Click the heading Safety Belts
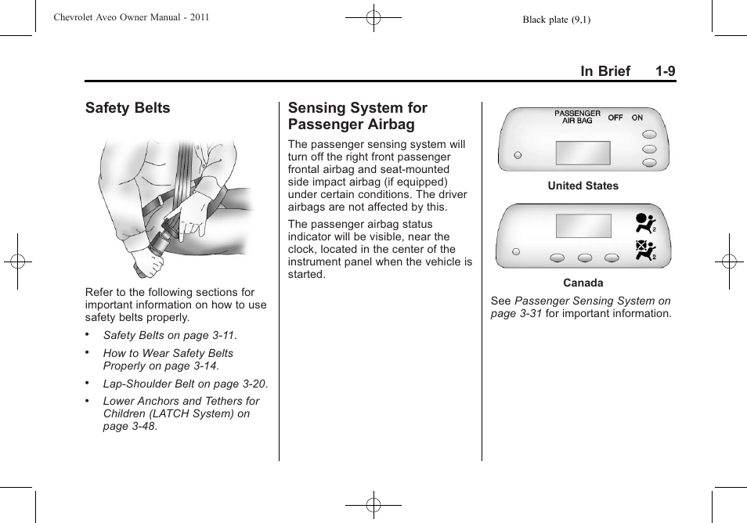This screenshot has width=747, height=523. pyautogui.click(x=128, y=108)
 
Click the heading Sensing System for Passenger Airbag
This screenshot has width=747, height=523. pyautogui.click(x=357, y=116)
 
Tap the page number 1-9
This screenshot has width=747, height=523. pyautogui.click(x=665, y=71)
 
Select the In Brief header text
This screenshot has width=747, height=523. pyautogui.click(x=604, y=71)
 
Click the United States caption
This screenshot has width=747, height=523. pyautogui.click(x=583, y=186)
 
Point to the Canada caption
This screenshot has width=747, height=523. pyautogui.click(x=583, y=283)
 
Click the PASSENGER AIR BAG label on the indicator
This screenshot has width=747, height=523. pyautogui.click(x=577, y=117)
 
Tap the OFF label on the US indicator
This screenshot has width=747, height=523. pyautogui.click(x=615, y=117)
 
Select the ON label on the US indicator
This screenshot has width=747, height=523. pyautogui.click(x=637, y=117)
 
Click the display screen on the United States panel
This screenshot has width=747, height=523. pyautogui.click(x=583, y=153)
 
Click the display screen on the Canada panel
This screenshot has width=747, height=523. pyautogui.click(x=583, y=225)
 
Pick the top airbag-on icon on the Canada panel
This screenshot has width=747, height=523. pyautogui.click(x=644, y=223)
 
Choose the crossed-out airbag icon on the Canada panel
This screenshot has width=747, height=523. pyautogui.click(x=644, y=251)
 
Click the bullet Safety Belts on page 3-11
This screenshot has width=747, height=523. pyautogui.click(x=170, y=335)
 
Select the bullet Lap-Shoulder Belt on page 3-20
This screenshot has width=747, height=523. pyautogui.click(x=186, y=384)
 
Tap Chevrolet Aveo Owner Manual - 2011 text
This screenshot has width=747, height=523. pyautogui.click(x=131, y=17)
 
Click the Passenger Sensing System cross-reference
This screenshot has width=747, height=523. pyautogui.click(x=592, y=301)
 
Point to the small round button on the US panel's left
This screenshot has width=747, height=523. pyautogui.click(x=517, y=156)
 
